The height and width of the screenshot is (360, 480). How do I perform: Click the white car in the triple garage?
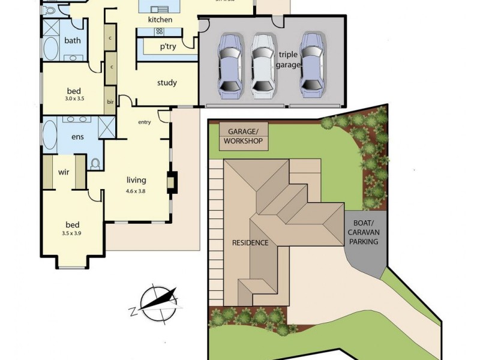pyautogui.click(x=262, y=65)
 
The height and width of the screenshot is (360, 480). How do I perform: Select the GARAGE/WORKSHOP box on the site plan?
pyautogui.click(x=244, y=136)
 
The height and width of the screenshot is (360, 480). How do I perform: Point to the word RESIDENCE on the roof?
pyautogui.click(x=250, y=243)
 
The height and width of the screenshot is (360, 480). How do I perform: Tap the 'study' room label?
pyautogui.click(x=167, y=83)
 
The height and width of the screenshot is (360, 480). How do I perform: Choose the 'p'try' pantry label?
pyautogui.click(x=167, y=46)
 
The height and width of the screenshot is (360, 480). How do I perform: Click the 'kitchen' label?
pyautogui.click(x=160, y=20)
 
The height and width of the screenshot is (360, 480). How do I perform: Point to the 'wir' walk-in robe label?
pyautogui.click(x=64, y=172)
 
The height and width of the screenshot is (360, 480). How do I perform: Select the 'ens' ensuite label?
pyautogui.click(x=77, y=137)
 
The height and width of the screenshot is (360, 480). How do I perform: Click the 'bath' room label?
pyautogui.click(x=73, y=41)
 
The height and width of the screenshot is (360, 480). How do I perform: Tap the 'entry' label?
pyautogui.click(x=145, y=122)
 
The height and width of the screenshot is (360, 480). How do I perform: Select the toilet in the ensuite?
pyautogui.click(x=95, y=163)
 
